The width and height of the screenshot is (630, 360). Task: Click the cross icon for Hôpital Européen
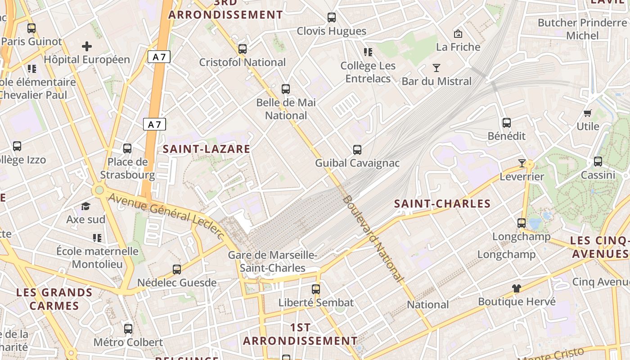87,46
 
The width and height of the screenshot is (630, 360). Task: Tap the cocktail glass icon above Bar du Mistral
436,68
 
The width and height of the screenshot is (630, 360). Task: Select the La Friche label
458,47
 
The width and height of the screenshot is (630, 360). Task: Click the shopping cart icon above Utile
587,113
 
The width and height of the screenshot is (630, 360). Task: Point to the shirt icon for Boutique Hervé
516,288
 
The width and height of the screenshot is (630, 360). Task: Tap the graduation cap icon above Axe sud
85,207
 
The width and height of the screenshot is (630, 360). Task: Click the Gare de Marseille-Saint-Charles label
273,261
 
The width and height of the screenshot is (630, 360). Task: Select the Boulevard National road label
373,238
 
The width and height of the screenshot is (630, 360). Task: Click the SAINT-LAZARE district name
206,149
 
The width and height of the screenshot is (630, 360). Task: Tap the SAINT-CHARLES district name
442,204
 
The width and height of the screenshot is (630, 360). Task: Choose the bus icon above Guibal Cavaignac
357,149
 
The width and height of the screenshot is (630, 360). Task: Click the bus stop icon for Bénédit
507,122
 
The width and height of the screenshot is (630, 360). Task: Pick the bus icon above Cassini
598,161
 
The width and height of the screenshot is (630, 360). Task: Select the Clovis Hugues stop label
332,31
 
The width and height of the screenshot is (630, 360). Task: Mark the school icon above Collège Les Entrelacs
368,52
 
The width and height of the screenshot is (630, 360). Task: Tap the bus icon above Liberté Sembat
316,289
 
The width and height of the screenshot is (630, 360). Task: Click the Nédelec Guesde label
177,283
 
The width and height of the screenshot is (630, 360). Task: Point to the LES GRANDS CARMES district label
54,299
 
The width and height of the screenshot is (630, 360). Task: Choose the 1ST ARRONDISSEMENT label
300,334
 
